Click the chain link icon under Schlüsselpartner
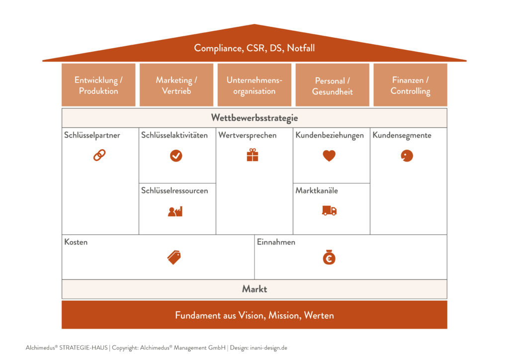pyautogui.click(x=99, y=156)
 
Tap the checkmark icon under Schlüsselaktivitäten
pyautogui.click(x=176, y=156)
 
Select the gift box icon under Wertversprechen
pyautogui.click(x=252, y=155)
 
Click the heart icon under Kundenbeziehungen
pyautogui.click(x=329, y=156)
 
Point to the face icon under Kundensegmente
pyautogui.click(x=407, y=156)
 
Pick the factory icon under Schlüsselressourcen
pyautogui.click(x=175, y=211)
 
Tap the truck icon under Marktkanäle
pyautogui.click(x=329, y=210)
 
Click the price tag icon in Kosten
pyautogui.click(x=174, y=258)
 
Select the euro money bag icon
pyautogui.click(x=329, y=257)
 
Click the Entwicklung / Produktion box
pyautogui.click(x=98, y=85)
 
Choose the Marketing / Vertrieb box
pyautogui.click(x=176, y=85)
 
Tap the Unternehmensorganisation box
pyautogui.click(x=254, y=85)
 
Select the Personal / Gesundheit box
pyautogui.click(x=332, y=85)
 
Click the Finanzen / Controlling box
pyautogui.click(x=410, y=85)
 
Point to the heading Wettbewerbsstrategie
pyautogui.click(x=254, y=118)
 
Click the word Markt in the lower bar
pyautogui.click(x=254, y=289)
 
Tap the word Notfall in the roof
pyautogui.click(x=301, y=48)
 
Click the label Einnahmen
pyautogui.click(x=276, y=242)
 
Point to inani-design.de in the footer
pyautogui.click(x=268, y=348)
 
